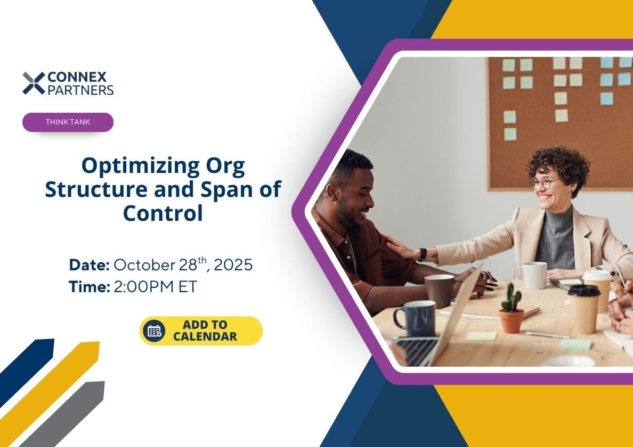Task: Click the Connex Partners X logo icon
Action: (x=34, y=83)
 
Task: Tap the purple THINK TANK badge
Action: (x=68, y=122)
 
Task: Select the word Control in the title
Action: (x=163, y=213)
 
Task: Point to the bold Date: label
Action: (x=89, y=265)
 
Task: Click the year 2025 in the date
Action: (x=233, y=265)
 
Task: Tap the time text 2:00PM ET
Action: (x=156, y=287)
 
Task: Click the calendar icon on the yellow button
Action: (x=154, y=331)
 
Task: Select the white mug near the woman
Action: (x=532, y=275)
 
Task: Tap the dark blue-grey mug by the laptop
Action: (x=415, y=318)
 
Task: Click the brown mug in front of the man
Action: (x=439, y=291)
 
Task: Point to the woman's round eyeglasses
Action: (x=545, y=183)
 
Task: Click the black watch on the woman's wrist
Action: (x=423, y=255)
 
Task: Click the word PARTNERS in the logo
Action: (x=81, y=90)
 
